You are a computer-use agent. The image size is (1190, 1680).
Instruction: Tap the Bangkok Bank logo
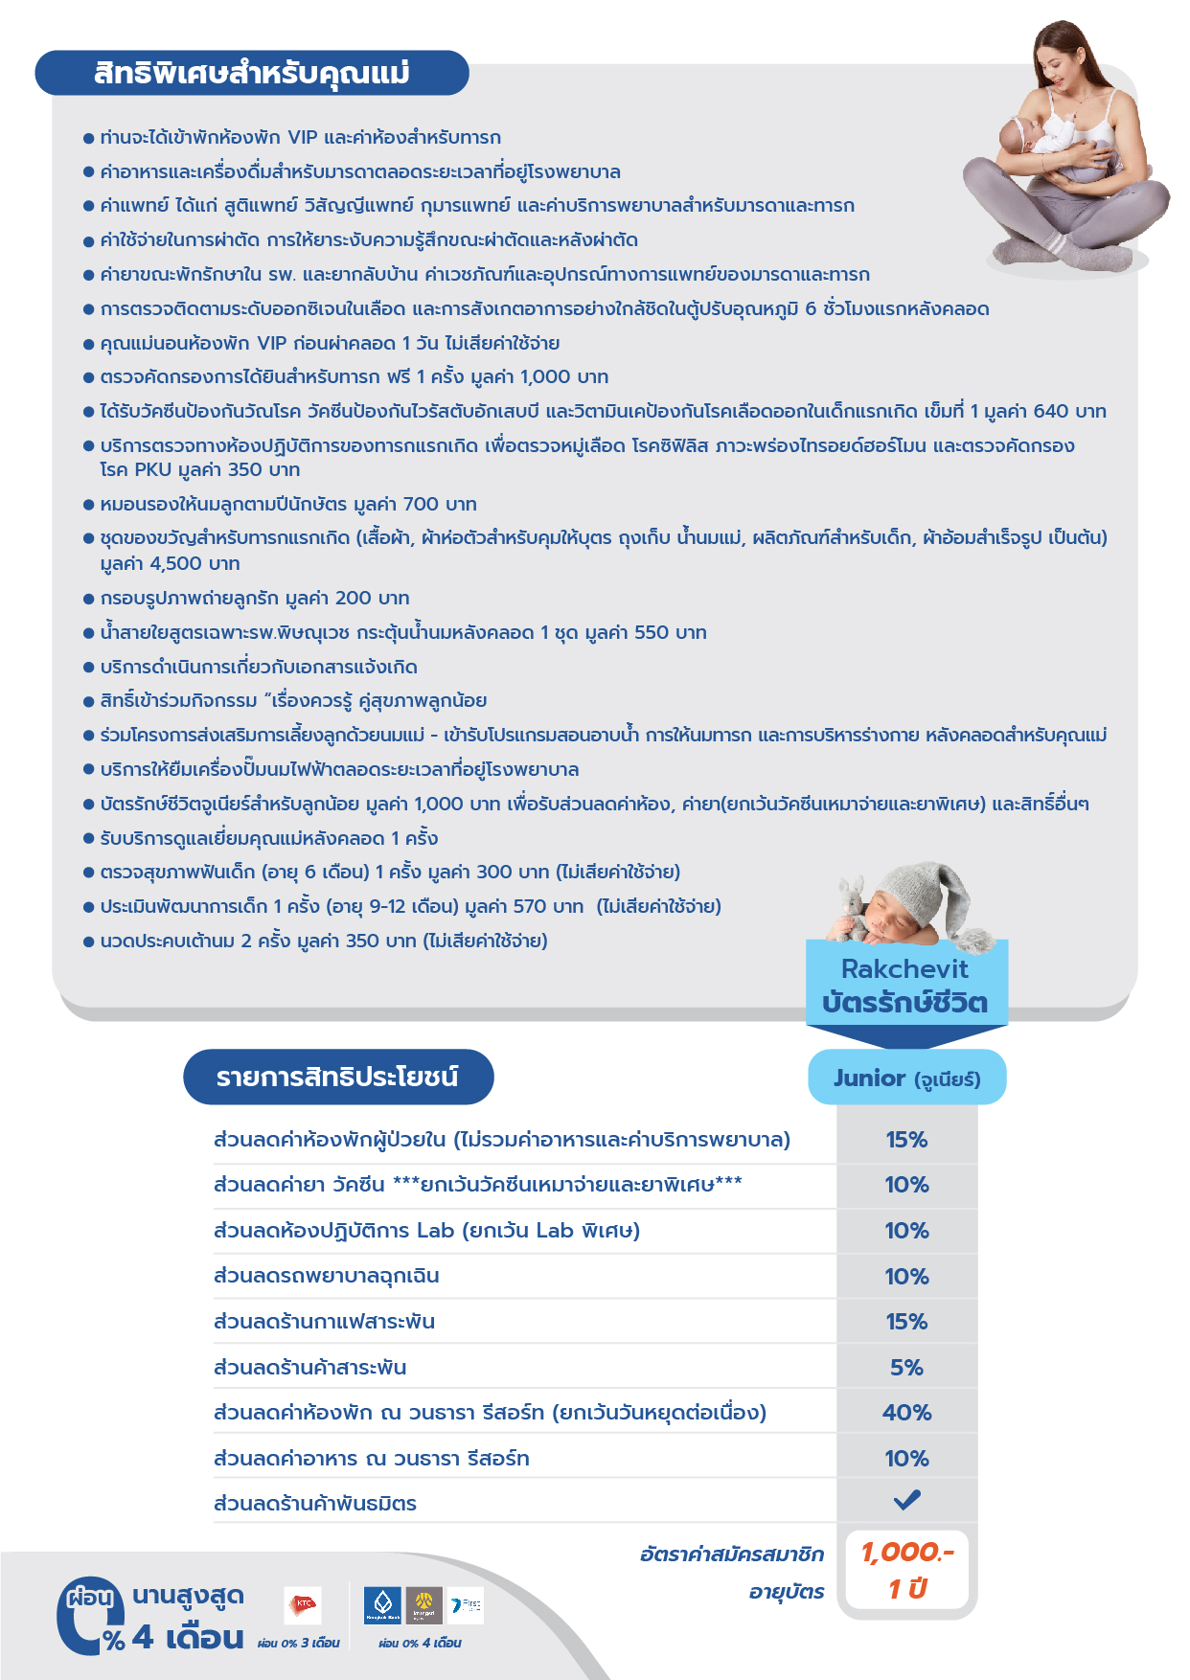(383, 1605)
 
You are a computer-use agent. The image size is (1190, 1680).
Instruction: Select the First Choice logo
(467, 1605)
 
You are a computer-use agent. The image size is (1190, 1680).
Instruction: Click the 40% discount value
(906, 1413)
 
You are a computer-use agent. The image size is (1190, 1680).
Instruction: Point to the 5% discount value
(906, 1368)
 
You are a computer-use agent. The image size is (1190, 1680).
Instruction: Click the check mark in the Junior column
(906, 1500)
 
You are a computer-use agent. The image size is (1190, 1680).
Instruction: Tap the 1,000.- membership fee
(906, 1553)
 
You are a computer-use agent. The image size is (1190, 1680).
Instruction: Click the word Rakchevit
(904, 969)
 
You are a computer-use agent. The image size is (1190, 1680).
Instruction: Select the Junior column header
(906, 1078)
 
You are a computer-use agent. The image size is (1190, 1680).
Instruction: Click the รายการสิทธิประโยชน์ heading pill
(337, 1077)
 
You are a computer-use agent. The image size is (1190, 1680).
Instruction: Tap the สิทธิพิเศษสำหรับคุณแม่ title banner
(252, 73)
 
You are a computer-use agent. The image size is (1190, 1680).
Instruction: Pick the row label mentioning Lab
(426, 1231)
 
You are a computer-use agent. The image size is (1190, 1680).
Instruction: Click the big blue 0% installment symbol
(91, 1617)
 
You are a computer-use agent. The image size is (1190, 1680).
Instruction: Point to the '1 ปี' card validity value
(906, 1590)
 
